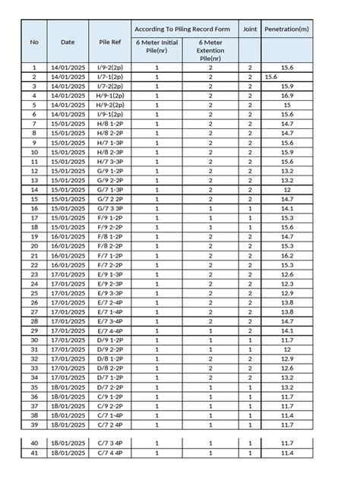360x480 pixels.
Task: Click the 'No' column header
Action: click(x=34, y=42)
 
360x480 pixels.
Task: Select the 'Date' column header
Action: click(x=68, y=42)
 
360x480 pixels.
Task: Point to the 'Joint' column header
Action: click(x=250, y=28)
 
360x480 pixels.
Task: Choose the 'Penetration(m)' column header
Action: click(x=287, y=28)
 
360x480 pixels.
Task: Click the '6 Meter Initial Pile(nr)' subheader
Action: click(x=156, y=46)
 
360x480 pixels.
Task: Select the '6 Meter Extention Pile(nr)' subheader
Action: click(x=210, y=50)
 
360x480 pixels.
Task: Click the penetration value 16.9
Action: click(x=287, y=96)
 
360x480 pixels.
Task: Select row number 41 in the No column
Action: click(x=34, y=453)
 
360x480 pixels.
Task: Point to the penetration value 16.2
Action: click(x=287, y=256)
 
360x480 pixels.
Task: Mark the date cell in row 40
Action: click(x=68, y=444)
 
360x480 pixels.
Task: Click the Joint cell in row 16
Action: click(x=250, y=209)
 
